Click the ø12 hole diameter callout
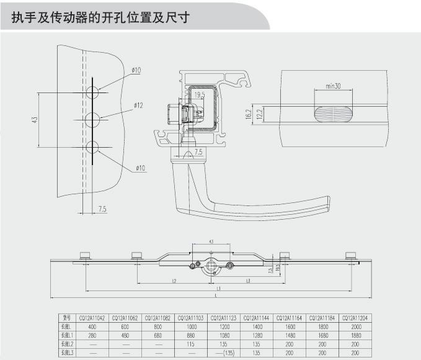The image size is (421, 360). pyautogui.click(x=138, y=106)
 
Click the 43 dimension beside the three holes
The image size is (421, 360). pyautogui.click(x=34, y=119)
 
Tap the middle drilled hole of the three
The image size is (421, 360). pyautogui.click(x=92, y=119)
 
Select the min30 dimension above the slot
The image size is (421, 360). pyautogui.click(x=334, y=86)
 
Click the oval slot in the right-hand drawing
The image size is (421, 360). pyautogui.click(x=333, y=114)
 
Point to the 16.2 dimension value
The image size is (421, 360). pyautogui.click(x=249, y=114)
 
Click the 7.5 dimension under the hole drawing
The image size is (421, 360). pyautogui.click(x=102, y=210)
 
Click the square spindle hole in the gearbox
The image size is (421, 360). pyautogui.click(x=211, y=266)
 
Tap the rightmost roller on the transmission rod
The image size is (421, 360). pyautogui.click(x=350, y=256)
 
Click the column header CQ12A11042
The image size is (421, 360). pyautogui.click(x=92, y=318)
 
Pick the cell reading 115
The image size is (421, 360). pyautogui.click(x=191, y=344)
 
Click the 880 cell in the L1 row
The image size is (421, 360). pyautogui.click(x=191, y=335)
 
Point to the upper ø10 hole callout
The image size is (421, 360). pyautogui.click(x=136, y=70)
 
